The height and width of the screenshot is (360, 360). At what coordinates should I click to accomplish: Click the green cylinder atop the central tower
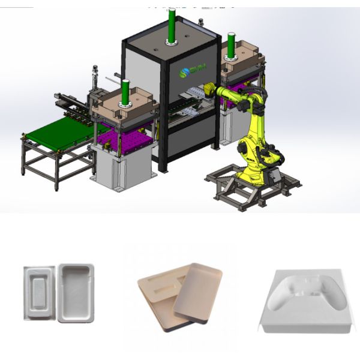[x=172, y=25]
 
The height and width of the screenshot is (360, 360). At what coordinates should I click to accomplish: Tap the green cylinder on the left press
[x=126, y=92]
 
